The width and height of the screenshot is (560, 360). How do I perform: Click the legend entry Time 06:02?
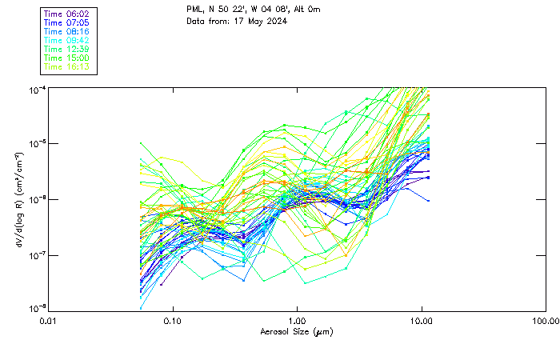click(x=66, y=14)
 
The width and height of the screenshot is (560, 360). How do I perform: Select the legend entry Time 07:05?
click(x=66, y=22)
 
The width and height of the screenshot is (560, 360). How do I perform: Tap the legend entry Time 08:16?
click(x=66, y=31)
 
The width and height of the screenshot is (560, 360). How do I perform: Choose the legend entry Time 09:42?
click(x=66, y=40)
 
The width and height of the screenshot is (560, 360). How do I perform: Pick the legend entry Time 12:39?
click(x=66, y=49)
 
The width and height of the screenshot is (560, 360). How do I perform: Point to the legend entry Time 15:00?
click(x=66, y=58)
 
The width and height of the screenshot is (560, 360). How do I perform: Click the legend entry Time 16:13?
click(x=66, y=66)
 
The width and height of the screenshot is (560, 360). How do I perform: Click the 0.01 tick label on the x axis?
click(x=49, y=321)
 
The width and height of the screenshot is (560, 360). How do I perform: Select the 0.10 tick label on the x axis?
click(x=172, y=321)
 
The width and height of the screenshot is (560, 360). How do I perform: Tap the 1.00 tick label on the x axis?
click(x=297, y=321)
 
